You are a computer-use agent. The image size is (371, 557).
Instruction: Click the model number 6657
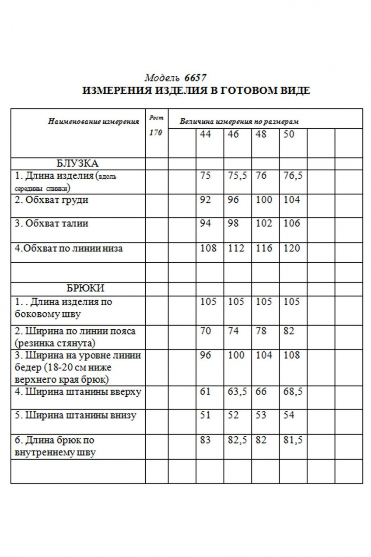195,78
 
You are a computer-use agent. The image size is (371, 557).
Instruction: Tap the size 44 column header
205,134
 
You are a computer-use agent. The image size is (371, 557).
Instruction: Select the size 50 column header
289,134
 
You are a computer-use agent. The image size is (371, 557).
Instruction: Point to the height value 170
155,133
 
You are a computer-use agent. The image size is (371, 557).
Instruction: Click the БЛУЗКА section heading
77,164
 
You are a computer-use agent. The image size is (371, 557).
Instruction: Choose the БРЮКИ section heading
85,289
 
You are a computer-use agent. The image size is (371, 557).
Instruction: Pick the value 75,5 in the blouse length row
237,176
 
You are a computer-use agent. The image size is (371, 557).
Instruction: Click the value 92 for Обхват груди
205,200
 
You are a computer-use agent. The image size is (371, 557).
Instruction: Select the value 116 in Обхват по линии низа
264,249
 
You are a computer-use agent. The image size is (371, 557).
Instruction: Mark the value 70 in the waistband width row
205,331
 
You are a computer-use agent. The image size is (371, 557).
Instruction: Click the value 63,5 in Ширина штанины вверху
237,391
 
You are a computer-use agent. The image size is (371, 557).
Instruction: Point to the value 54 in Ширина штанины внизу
289,415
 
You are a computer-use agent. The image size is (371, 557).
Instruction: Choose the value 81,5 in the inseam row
293,440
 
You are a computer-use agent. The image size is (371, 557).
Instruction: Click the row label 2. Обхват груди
51,200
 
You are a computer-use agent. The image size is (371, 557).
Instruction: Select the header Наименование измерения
93,121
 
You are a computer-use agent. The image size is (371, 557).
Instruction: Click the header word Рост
155,117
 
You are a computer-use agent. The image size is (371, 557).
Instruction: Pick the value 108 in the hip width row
292,355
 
